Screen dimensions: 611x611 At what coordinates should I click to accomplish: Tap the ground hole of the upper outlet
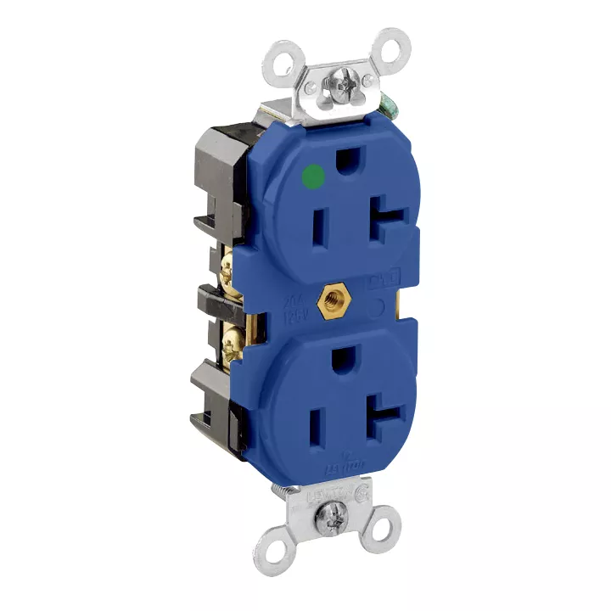(347, 159)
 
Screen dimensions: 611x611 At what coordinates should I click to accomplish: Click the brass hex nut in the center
(328, 301)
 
